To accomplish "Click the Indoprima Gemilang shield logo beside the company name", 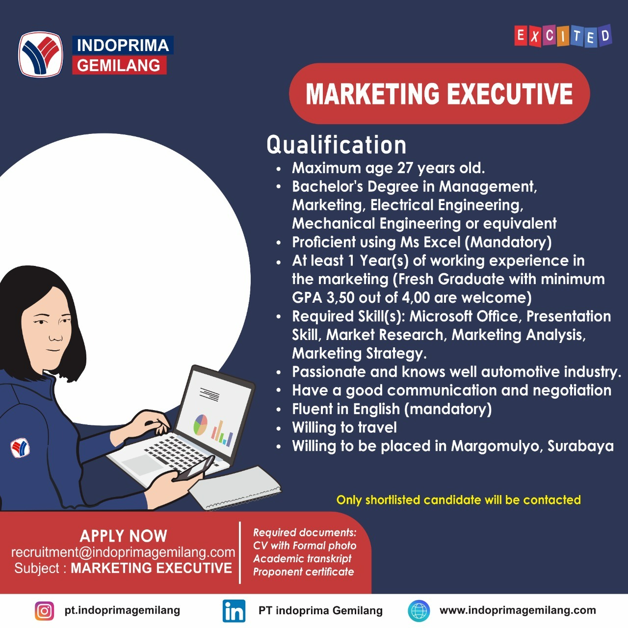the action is pyautogui.click(x=40, y=54).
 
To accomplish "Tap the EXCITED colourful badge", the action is pyautogui.click(x=563, y=36).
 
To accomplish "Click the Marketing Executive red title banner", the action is pyautogui.click(x=439, y=94).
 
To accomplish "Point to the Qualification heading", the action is pyautogui.click(x=337, y=145).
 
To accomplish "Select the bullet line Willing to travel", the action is pyautogui.click(x=344, y=427).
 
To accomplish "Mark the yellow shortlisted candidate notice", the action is pyautogui.click(x=458, y=500).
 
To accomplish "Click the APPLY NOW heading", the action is pyautogui.click(x=123, y=536).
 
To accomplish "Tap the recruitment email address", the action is pyautogui.click(x=123, y=552).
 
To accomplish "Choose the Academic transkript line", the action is pyautogui.click(x=302, y=559).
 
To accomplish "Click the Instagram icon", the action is pyautogui.click(x=44, y=611).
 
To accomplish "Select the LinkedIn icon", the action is pyautogui.click(x=234, y=611).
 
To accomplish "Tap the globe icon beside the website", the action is pyautogui.click(x=419, y=611).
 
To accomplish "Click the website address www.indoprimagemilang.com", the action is pyautogui.click(x=518, y=610).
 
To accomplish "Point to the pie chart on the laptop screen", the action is pyautogui.click(x=200, y=425).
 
